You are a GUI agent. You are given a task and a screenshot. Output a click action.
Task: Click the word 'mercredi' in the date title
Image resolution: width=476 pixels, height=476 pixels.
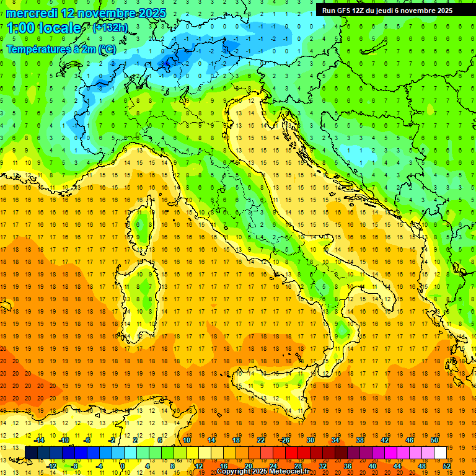32,13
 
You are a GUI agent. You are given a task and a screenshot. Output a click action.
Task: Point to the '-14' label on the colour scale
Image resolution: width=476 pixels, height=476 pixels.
38,440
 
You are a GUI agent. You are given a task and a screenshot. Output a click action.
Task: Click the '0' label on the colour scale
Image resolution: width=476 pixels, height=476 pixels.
123,466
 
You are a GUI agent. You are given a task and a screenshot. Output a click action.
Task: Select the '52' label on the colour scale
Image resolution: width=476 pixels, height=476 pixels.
446,466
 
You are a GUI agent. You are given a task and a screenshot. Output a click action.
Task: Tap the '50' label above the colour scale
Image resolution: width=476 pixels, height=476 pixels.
434,440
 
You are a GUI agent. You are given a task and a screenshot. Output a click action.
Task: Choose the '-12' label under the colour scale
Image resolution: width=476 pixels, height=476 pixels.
51,466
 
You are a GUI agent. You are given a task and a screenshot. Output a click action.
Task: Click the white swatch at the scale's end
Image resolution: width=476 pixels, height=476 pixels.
439,453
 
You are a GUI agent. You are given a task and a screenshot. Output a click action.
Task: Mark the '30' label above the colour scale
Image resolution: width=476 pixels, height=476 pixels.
310,440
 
